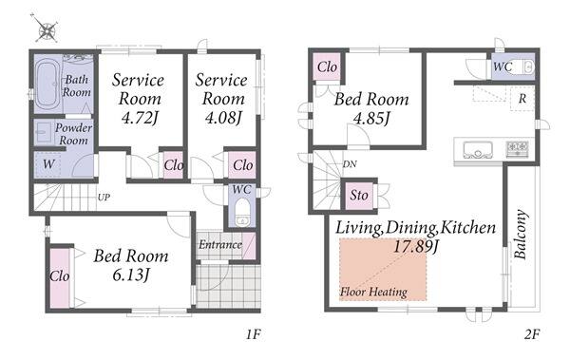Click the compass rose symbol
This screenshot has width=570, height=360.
coord(47,28)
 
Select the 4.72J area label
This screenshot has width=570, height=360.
coord(140,118)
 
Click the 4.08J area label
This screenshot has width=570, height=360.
coord(223,118)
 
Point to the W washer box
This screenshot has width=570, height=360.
coord(47,164)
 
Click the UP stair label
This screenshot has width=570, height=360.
coord(104,198)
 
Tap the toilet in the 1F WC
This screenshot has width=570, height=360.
coord(242,212)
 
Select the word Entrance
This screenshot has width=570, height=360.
coord(220,245)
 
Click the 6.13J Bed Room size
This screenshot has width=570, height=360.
coord(131,275)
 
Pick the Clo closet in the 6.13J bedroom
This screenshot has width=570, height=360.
coord(60,277)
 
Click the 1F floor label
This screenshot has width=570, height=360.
coord(253,333)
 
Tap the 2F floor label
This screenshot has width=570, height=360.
coord(532,333)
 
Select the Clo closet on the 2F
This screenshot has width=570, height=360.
coord(327,66)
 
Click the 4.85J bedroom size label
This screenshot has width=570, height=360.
coord(371,118)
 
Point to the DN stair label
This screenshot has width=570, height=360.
coord(350,164)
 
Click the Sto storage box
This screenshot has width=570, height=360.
coord(359,196)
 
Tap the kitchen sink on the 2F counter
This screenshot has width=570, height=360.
coord(478,149)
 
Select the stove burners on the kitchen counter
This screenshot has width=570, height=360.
coord(518,148)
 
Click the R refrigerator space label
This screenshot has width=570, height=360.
coord(522,98)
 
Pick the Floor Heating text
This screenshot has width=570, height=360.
coord(373,292)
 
